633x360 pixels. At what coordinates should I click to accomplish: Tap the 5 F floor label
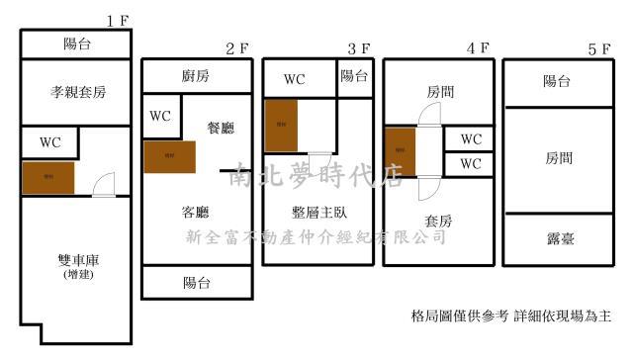point(599,47)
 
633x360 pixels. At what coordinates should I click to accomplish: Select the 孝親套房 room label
point(78,92)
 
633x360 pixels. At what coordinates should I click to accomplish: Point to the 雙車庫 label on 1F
point(78,260)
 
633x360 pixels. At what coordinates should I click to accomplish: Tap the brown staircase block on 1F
point(48,176)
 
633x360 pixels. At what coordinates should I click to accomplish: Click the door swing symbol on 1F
point(103,184)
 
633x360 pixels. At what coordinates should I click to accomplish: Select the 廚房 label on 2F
point(196,76)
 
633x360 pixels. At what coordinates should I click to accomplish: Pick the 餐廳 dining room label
point(221,128)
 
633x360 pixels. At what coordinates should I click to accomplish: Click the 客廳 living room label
point(195,213)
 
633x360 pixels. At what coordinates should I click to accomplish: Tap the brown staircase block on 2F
point(169,156)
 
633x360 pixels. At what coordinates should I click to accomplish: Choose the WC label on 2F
point(160,116)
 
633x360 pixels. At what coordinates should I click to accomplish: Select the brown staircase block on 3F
point(281,125)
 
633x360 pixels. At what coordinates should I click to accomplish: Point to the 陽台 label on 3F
point(354,76)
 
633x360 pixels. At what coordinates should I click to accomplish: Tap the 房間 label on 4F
point(440,91)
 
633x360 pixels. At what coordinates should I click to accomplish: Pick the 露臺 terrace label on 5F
point(557,238)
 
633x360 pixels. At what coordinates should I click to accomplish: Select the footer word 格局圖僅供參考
point(458,316)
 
